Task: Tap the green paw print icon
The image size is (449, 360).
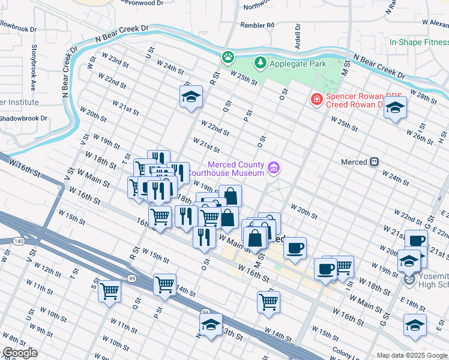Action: coord(228,58)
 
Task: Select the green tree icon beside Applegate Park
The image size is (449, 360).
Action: coord(260,62)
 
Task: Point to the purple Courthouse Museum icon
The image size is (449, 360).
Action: coord(274,168)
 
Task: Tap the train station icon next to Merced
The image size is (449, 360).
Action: coord(375,162)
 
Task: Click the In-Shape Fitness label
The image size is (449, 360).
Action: coord(418,42)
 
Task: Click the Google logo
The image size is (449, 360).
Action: coord(19,353)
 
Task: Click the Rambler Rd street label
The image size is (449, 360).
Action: coord(257,25)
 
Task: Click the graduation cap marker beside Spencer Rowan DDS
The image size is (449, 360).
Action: coord(394,108)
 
